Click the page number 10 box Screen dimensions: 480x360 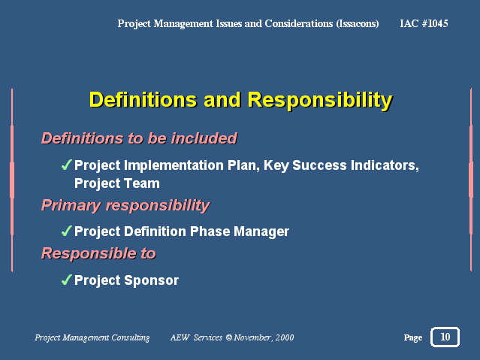coord(445,337)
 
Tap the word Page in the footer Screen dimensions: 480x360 coord(413,337)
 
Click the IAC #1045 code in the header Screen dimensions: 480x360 coord(424,23)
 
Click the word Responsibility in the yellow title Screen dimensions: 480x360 coord(320,100)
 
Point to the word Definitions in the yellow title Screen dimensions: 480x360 coord(143,99)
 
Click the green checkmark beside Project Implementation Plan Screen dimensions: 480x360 coord(66,165)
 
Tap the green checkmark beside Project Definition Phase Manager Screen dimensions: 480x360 coord(66,231)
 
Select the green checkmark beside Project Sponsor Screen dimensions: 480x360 coord(66,280)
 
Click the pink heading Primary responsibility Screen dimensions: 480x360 coord(125,206)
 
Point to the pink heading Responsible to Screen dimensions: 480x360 coord(98,253)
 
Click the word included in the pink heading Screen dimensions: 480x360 coord(204,138)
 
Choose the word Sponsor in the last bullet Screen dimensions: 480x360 coord(152,280)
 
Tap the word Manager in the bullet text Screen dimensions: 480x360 coord(261,231)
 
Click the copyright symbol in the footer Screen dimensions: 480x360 coord(229,337)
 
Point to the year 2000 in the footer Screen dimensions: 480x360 coord(285,337)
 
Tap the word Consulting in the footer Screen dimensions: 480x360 coord(131,337)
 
